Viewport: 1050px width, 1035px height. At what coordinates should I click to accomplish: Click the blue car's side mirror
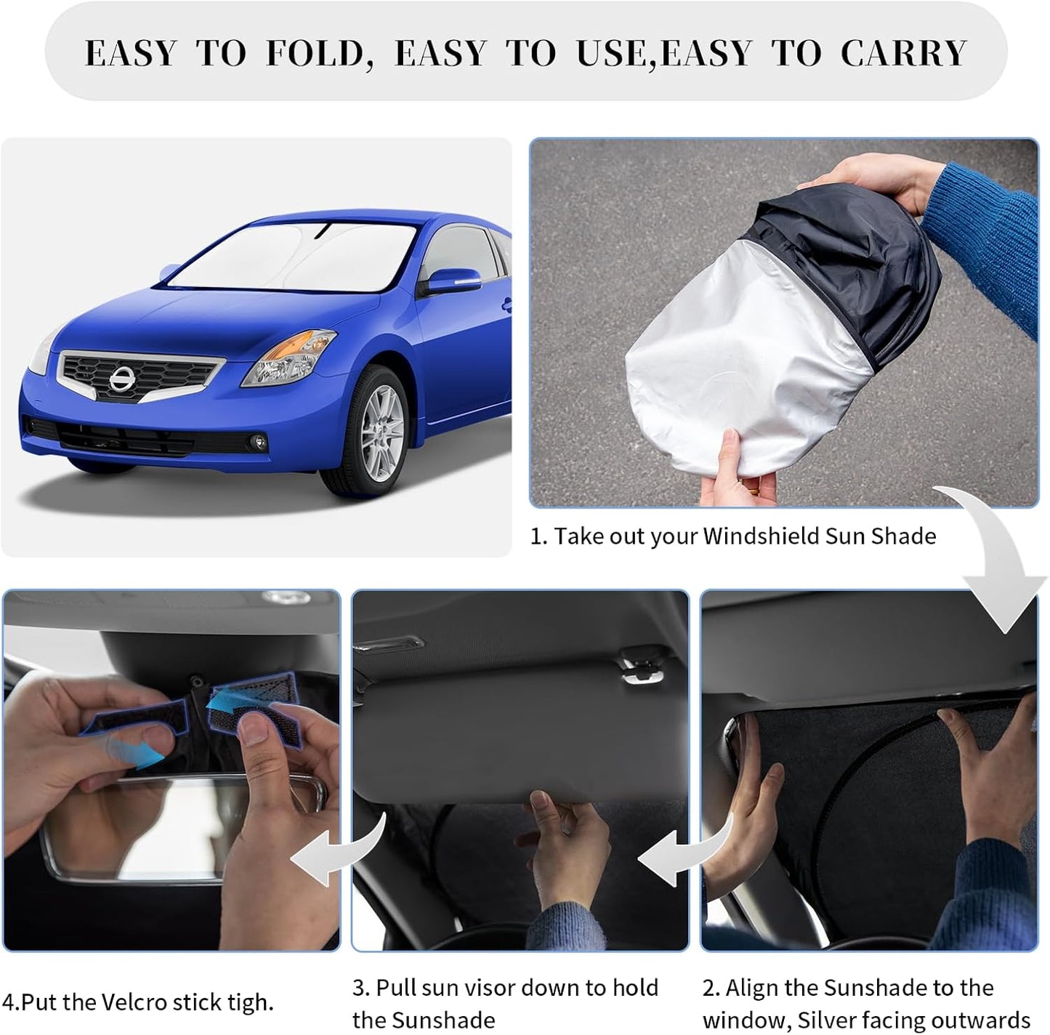coord(450,280)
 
